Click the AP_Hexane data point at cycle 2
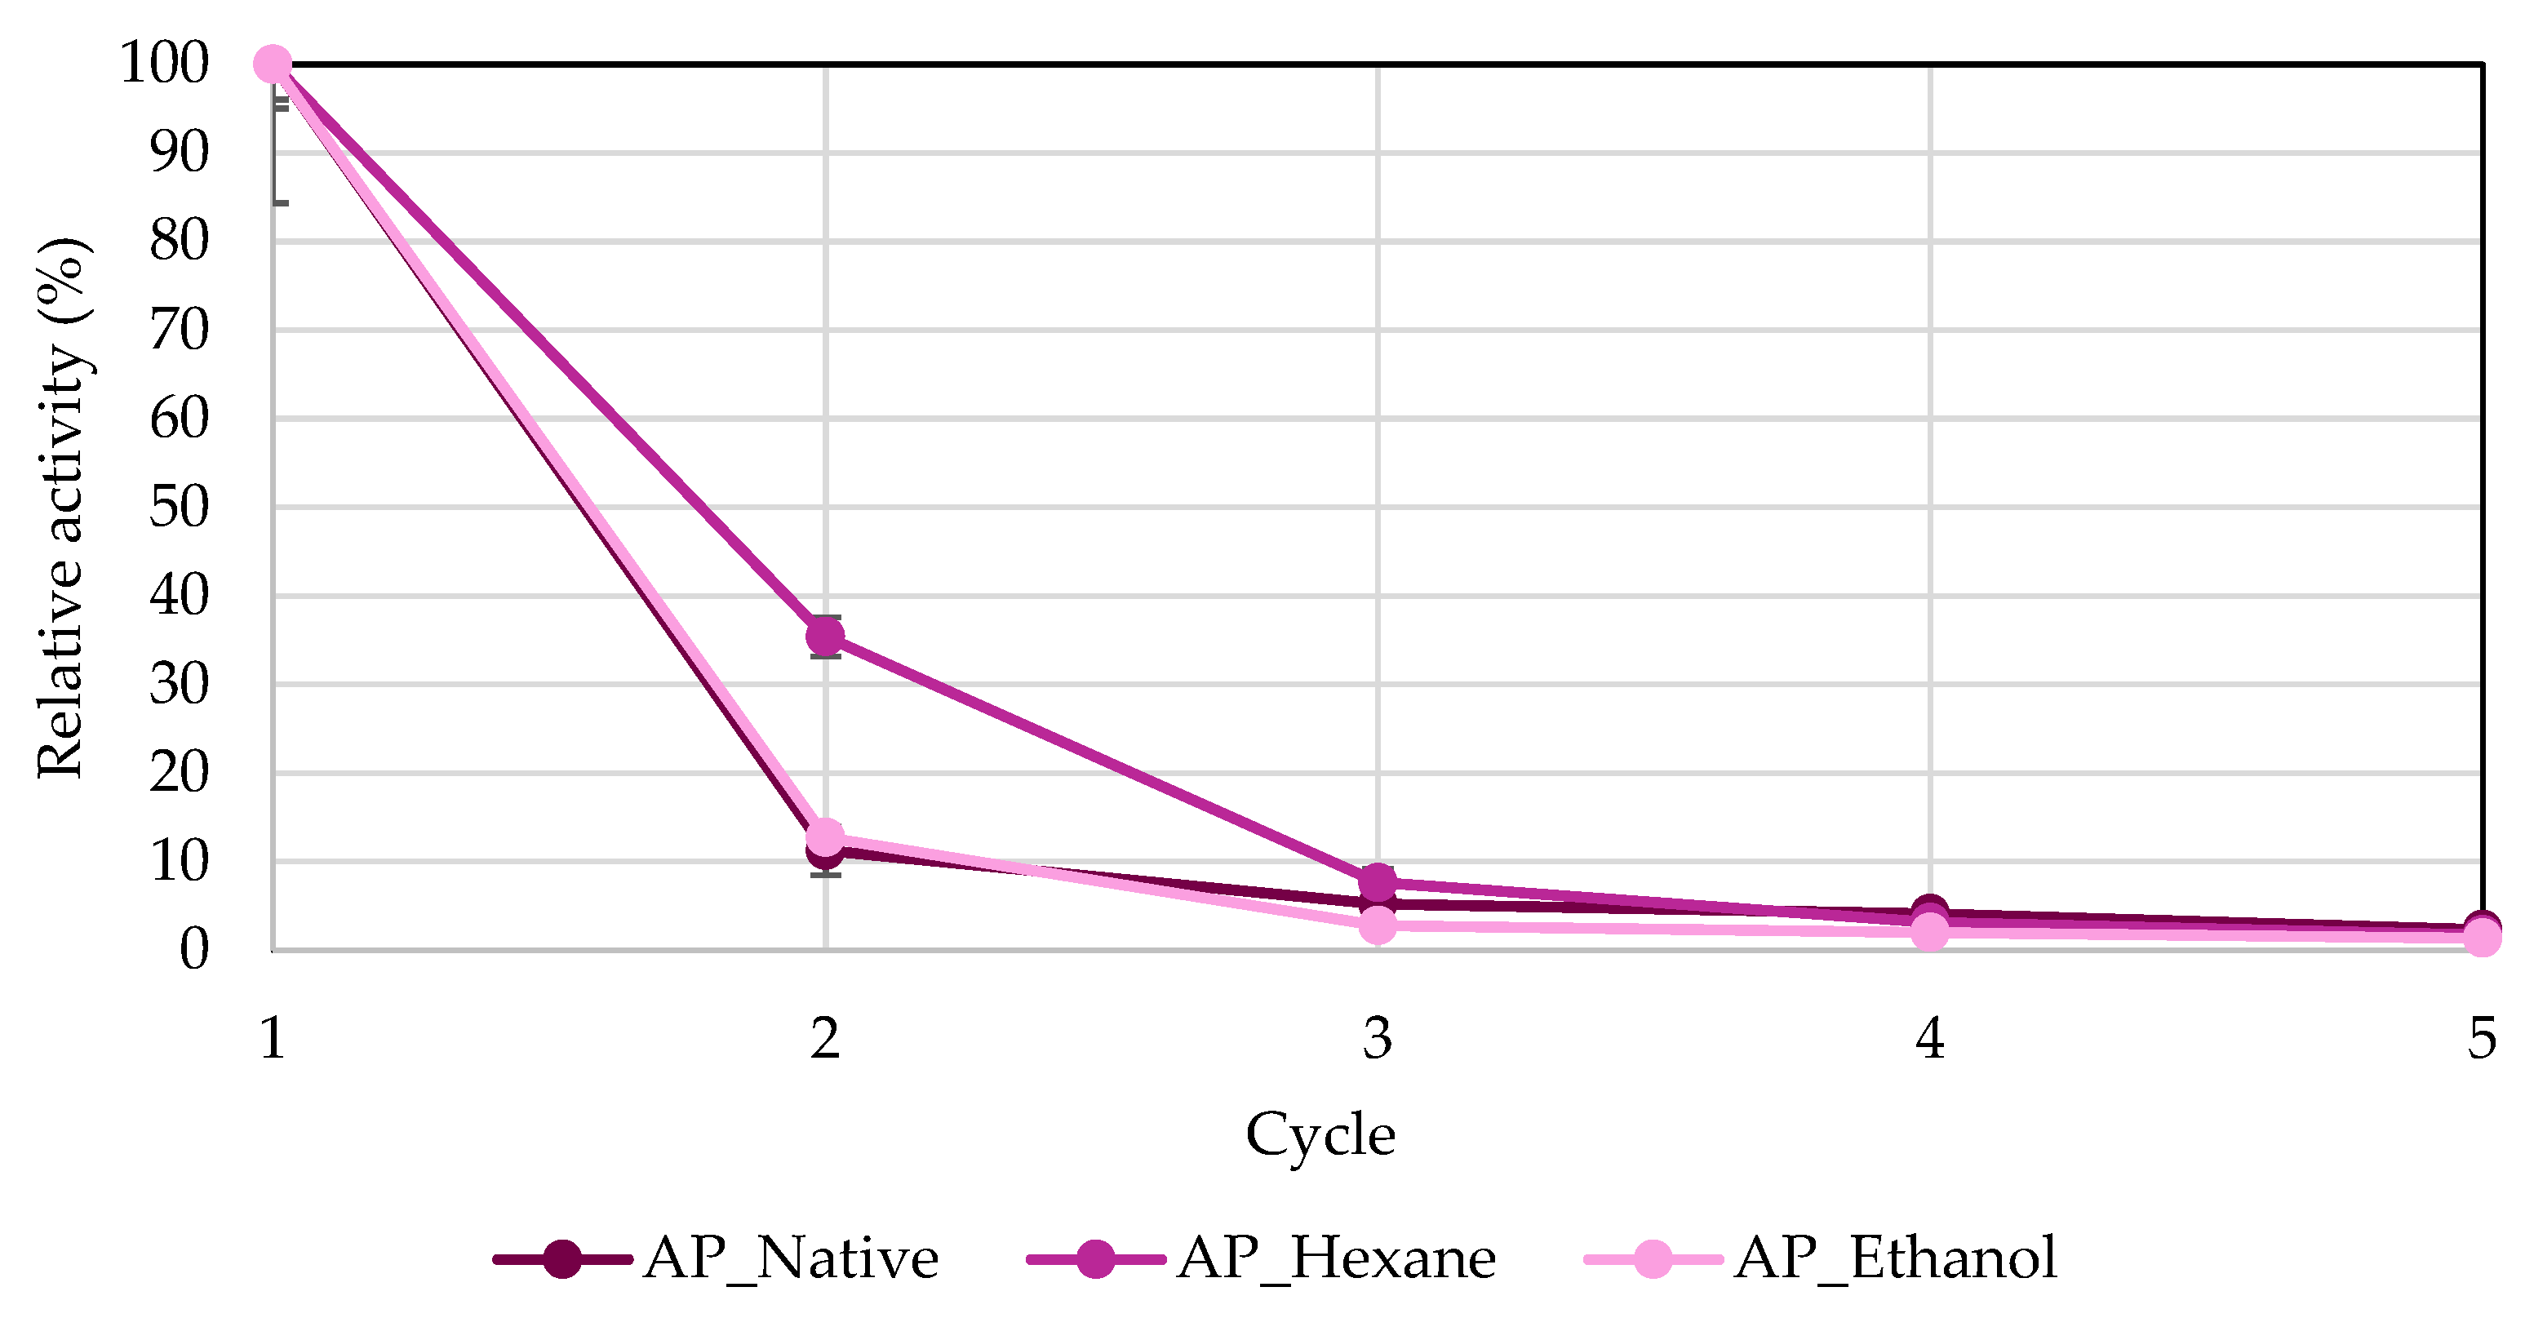click(825, 637)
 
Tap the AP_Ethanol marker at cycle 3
click(1378, 924)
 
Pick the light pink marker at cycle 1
click(273, 64)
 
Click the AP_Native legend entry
click(790, 1258)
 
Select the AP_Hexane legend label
click(1337, 1258)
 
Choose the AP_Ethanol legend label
click(1896, 1258)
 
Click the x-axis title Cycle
click(1320, 1134)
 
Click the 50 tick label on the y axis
click(179, 508)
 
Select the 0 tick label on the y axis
click(194, 950)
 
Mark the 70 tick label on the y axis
click(179, 331)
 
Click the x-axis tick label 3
click(1378, 1039)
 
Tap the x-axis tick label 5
click(2482, 1039)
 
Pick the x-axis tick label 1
click(273, 1039)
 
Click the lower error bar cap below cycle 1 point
click(281, 203)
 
